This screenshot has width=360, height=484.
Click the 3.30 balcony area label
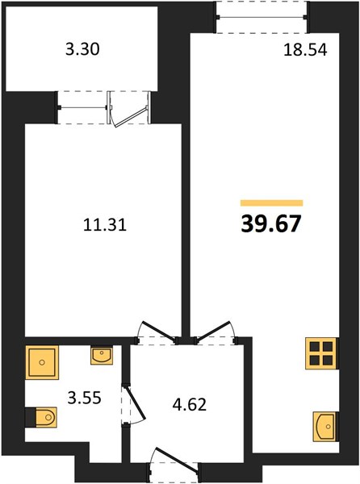coord(82,50)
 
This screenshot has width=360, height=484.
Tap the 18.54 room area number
coord(305,50)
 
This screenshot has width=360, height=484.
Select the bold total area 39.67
coord(270,223)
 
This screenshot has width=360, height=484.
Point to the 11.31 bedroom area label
coord(105,225)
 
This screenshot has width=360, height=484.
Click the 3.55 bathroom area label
coord(84,398)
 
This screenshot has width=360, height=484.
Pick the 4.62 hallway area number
coord(189,405)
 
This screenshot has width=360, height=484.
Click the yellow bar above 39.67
coord(272,202)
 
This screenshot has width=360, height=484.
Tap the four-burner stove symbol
coord(320,353)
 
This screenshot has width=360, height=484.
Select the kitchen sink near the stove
coord(324,426)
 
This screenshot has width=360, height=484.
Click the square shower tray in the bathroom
coord(42,362)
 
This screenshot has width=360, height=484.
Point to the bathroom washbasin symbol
coord(102,355)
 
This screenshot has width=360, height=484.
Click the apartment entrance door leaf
coord(177,460)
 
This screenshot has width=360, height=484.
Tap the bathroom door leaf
coord(135,402)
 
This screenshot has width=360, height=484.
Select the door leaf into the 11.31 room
coord(160,332)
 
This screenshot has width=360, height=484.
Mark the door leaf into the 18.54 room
coord(213,332)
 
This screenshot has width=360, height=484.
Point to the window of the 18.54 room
coord(262,17)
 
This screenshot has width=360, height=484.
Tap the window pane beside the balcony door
coord(83,107)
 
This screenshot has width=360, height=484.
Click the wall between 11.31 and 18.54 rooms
coord(186,216)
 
